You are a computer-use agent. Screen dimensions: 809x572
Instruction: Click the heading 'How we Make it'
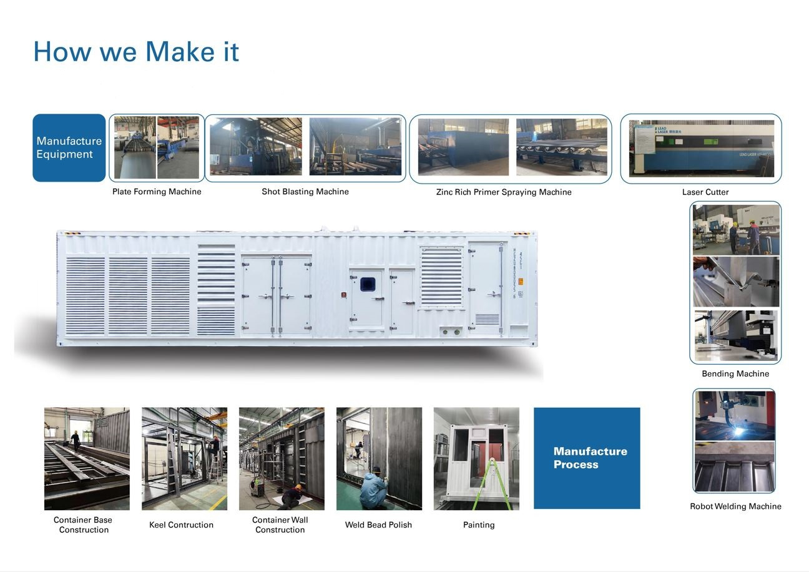[x=136, y=51]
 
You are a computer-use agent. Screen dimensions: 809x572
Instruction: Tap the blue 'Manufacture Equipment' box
[x=69, y=148]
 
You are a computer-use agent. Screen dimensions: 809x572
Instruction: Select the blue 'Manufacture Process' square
[x=587, y=458]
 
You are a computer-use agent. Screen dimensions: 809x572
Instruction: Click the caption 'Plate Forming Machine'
[x=157, y=192]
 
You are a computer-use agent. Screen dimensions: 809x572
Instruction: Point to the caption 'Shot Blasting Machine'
[x=305, y=192]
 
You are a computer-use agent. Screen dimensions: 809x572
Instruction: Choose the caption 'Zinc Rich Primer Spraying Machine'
[x=504, y=192]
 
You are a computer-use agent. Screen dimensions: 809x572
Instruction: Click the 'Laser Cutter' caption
[x=705, y=192]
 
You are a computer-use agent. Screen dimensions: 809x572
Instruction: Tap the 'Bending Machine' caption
[x=735, y=373]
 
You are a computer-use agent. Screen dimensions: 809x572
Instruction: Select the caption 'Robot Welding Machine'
[x=735, y=506]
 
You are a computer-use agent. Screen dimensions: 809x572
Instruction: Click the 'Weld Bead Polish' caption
[x=378, y=525]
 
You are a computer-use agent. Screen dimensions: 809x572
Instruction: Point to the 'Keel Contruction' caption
[x=181, y=525]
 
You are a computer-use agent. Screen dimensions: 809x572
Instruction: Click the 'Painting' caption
[x=479, y=525]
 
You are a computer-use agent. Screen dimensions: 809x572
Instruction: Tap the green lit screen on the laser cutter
[x=710, y=142]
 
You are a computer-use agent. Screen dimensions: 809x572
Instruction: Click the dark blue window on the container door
[x=368, y=284]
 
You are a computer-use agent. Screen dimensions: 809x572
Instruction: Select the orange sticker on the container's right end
[x=521, y=282]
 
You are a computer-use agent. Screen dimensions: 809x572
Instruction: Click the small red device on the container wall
[x=344, y=295]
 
